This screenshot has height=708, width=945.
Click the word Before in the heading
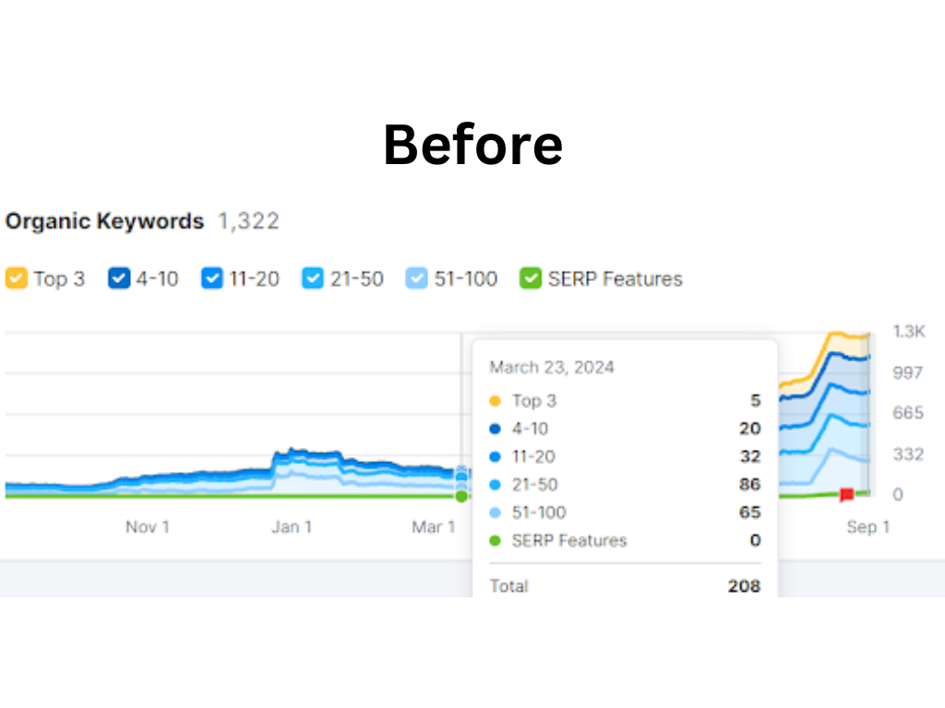pos(472,145)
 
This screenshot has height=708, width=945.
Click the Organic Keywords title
pos(104,221)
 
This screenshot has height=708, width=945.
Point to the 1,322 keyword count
pos(248,221)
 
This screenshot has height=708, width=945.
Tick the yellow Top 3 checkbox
pos(17,278)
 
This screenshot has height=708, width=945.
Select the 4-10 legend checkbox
pos(119,278)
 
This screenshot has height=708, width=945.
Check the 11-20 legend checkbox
pos(212,278)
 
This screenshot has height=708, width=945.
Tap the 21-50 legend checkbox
pos(314,278)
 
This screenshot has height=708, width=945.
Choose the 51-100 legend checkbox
pos(418,278)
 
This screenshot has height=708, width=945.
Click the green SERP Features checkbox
pos(531,278)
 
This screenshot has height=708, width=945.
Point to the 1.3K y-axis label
pos(909,332)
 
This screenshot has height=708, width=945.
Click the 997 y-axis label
pos(907,372)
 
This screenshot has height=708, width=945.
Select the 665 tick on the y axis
pos(907,413)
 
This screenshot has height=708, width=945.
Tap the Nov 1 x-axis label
pos(148,527)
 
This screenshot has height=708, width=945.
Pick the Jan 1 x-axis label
pos(291,527)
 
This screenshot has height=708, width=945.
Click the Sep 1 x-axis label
pos(867,527)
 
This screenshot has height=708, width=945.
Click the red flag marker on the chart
pos(846,495)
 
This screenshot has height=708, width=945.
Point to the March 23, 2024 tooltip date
pos(552,367)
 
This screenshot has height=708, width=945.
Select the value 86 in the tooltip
pos(749,484)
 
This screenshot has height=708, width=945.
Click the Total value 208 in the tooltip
pos(744,586)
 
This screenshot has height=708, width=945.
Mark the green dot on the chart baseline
pos(461,496)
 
